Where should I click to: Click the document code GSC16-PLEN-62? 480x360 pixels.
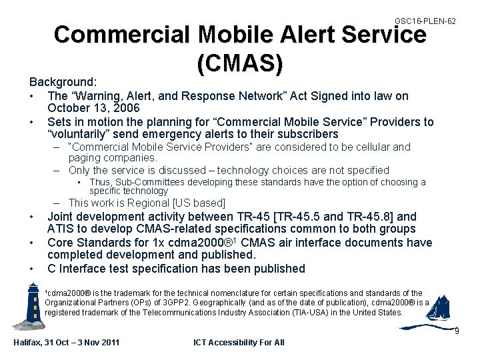pyautogui.click(x=425, y=21)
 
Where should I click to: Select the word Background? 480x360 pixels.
pyautogui.click(x=62, y=81)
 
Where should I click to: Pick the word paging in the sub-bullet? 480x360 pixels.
pyautogui.click(x=83, y=158)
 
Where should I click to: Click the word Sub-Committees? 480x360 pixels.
pyautogui.click(x=145, y=182)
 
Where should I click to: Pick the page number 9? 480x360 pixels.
pyautogui.click(x=456, y=331)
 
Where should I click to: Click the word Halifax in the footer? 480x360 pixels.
pyautogui.click(x=29, y=343)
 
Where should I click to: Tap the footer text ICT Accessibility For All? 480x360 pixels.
pyautogui.click(x=238, y=343)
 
